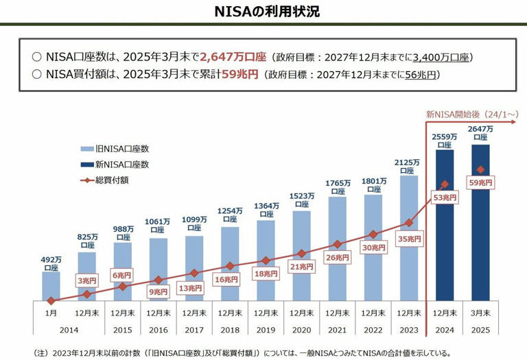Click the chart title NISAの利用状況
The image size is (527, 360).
[x=263, y=12]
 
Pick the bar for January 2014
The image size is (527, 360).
[x=51, y=286]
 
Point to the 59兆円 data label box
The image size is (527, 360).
[x=480, y=183]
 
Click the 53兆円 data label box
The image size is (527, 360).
[x=445, y=197]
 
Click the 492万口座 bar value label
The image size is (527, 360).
[x=51, y=263]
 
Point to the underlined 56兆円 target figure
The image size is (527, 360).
[x=421, y=74]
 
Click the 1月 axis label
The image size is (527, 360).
[x=51, y=312]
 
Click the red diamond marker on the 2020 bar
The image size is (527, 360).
[x=301, y=252]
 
